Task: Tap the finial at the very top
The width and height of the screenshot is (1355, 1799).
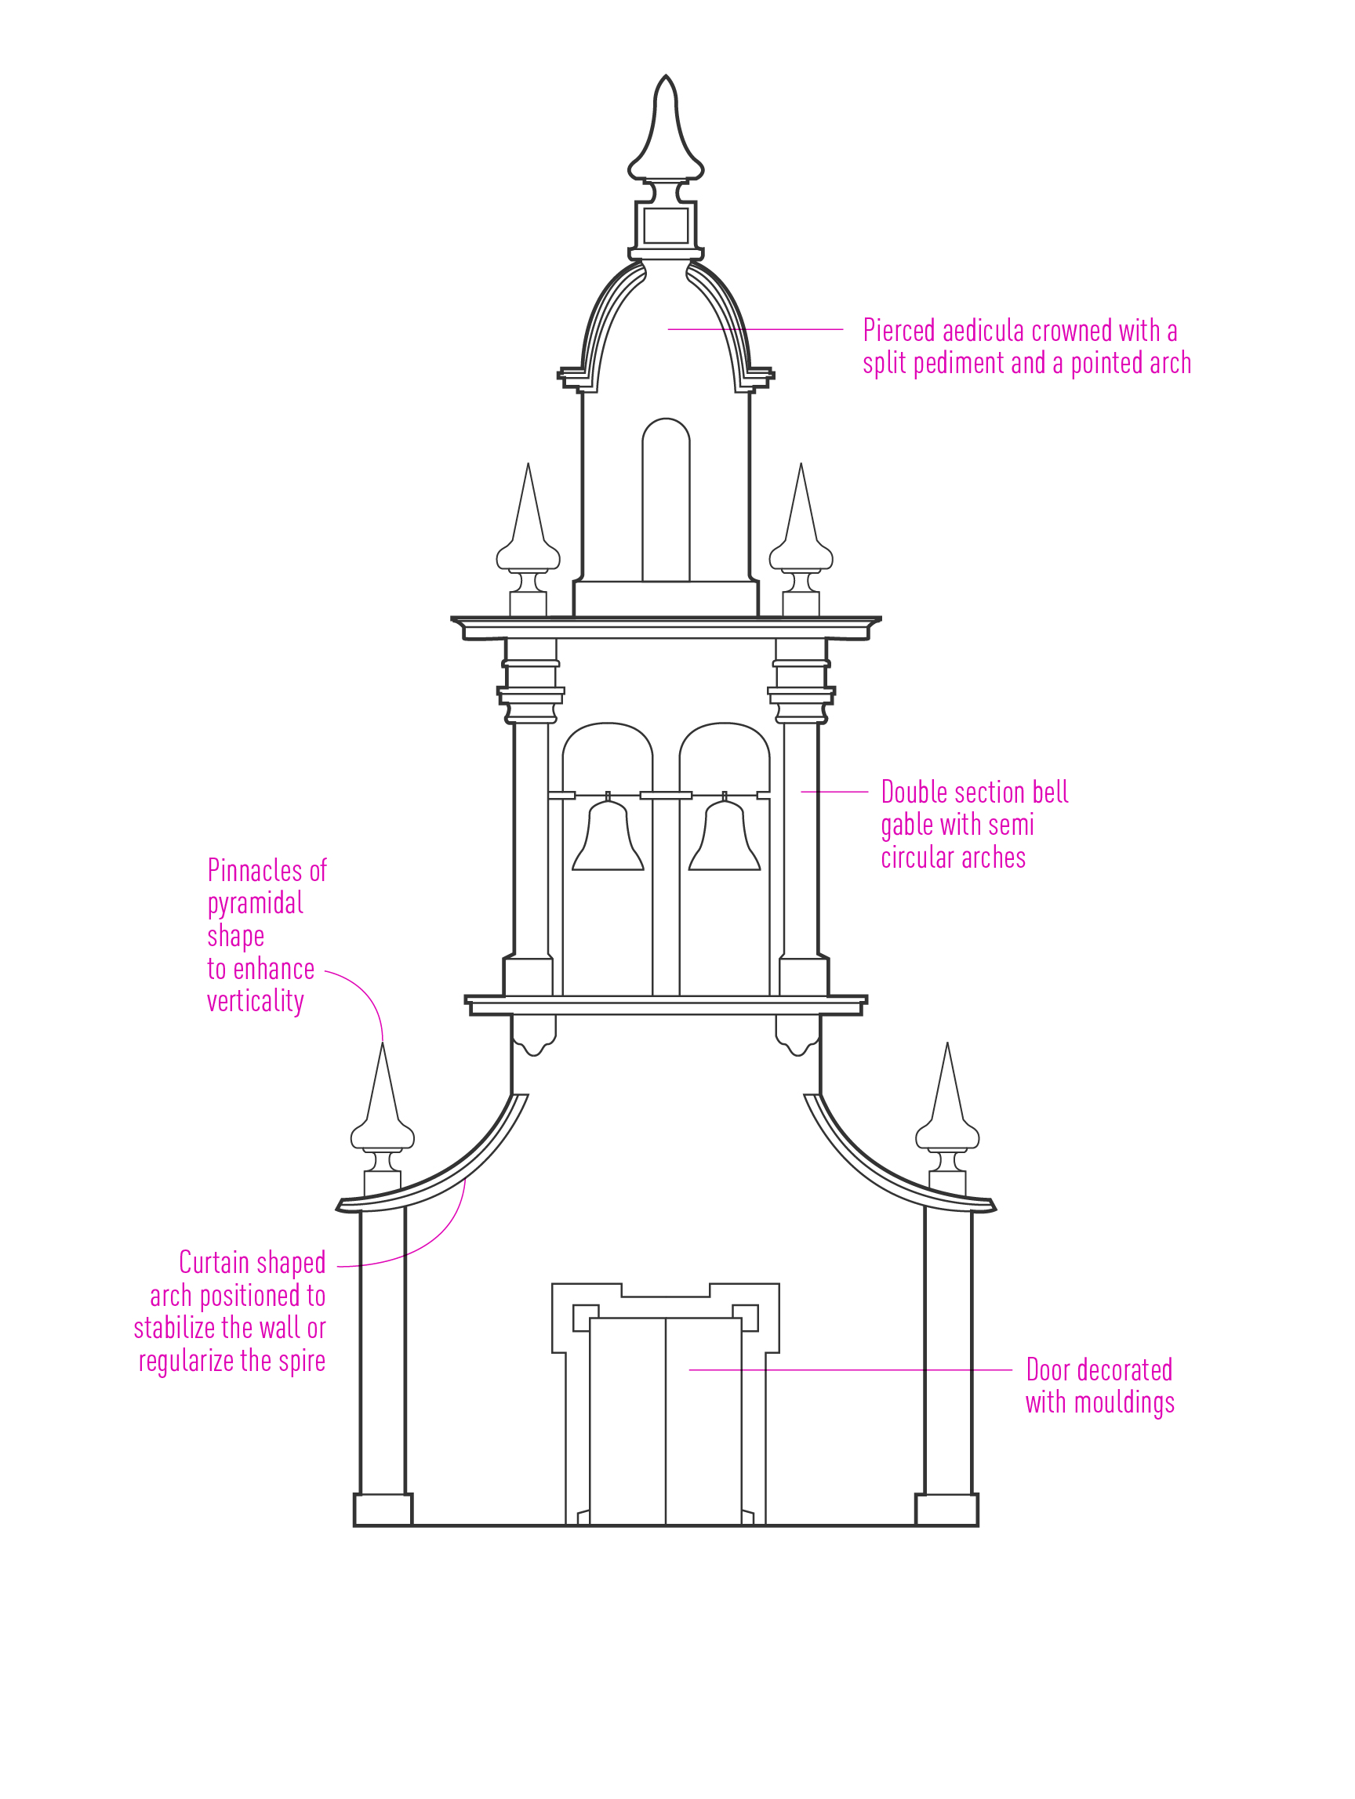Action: click(665, 130)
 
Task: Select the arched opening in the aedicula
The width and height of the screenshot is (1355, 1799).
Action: click(665, 499)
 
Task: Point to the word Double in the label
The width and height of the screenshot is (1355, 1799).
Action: click(913, 793)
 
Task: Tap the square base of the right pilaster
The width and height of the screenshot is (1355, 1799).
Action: click(946, 1510)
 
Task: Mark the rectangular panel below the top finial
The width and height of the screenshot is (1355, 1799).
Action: click(666, 225)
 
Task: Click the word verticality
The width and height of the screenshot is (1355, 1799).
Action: click(256, 1002)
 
